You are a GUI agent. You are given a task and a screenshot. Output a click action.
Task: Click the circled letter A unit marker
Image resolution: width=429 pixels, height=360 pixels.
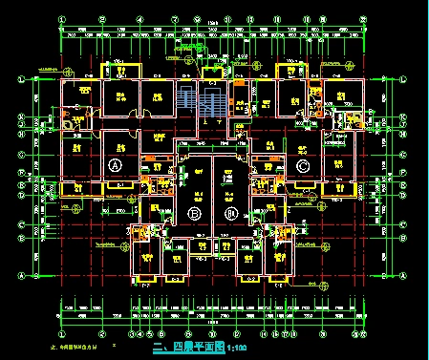click(x=116, y=165)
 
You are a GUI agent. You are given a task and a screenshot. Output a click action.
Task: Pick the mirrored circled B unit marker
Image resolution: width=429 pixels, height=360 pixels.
click(x=229, y=212)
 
